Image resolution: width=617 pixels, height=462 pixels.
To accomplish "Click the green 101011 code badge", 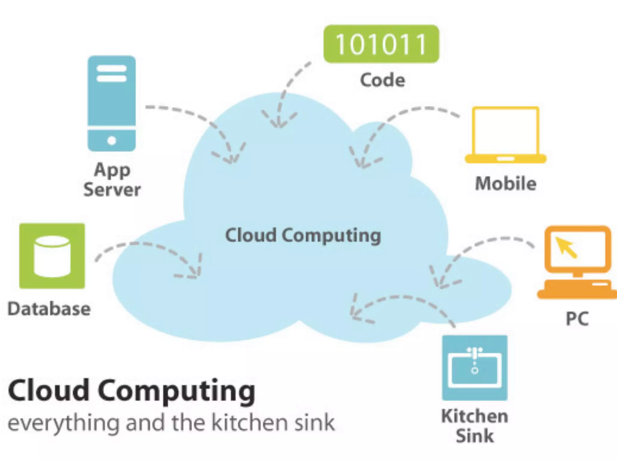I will point(381,44).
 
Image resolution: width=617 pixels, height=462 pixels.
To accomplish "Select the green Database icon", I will point(52,256).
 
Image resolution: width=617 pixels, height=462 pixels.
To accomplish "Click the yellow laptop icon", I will point(506,135).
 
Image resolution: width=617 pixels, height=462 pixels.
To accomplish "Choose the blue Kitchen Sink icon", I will point(475,368).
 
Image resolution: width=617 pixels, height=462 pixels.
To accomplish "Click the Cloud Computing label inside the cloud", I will point(303,236).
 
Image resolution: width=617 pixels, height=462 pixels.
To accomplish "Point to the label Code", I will point(383,80).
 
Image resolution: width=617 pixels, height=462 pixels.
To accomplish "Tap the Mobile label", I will point(506,183).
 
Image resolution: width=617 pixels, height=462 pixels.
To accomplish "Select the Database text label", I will point(49,309).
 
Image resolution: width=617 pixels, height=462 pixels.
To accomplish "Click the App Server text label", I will point(112,180).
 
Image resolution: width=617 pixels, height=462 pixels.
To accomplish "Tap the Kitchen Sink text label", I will point(475,426).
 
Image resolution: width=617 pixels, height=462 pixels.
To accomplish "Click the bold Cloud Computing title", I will point(132,391).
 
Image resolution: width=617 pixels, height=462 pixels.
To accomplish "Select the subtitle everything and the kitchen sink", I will point(171,423).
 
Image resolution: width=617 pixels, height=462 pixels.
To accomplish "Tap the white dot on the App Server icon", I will point(111,140).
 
